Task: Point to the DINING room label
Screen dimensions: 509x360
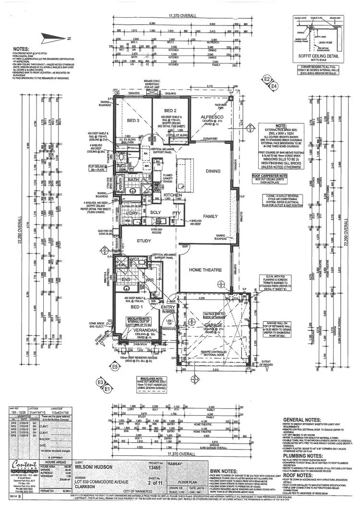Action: coord(213,171)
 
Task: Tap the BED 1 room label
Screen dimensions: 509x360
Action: coord(137,306)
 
